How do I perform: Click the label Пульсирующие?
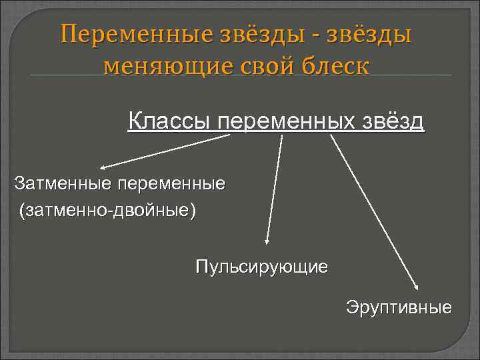261,267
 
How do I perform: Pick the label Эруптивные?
399,307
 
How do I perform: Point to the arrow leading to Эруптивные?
373,210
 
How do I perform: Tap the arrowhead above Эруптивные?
416,285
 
